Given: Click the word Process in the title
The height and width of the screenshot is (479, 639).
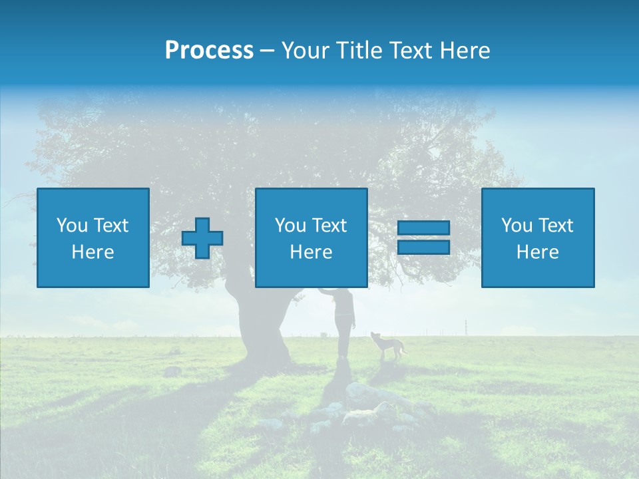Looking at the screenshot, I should click(x=209, y=51).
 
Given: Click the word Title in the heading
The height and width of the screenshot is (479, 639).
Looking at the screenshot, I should click(x=360, y=51).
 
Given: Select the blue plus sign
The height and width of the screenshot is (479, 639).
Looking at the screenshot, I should click(x=202, y=238).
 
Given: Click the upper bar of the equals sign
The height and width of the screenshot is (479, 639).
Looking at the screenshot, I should click(x=423, y=228).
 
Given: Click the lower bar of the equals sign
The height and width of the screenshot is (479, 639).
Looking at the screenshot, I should click(x=423, y=247).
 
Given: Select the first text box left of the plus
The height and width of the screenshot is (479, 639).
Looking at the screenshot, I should click(x=93, y=238).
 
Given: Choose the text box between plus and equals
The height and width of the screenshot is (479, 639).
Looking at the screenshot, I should click(x=311, y=238).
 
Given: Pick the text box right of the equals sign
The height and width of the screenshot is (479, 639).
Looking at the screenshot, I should click(x=538, y=238).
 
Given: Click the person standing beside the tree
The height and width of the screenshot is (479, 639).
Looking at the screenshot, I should click(x=343, y=323).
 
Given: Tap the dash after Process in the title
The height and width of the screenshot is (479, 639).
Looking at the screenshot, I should click(x=267, y=51).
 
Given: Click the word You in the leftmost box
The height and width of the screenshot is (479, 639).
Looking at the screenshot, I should click(x=72, y=225).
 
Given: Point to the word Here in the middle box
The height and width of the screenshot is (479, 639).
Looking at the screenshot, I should click(x=311, y=252).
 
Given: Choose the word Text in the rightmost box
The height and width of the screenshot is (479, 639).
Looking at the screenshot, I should click(x=555, y=225).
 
